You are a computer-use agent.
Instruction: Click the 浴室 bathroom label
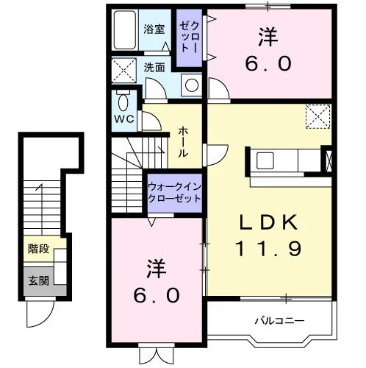click(154, 29)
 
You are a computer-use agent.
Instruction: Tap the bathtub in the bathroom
click(125, 29)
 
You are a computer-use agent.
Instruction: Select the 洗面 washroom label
click(154, 68)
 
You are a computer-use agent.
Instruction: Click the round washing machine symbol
click(192, 85)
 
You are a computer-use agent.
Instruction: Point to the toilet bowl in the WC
click(123, 102)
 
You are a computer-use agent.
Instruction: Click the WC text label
click(124, 119)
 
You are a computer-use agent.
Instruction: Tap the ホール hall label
click(183, 142)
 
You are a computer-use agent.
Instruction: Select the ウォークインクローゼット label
click(174, 193)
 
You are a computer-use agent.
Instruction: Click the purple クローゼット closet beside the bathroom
click(190, 38)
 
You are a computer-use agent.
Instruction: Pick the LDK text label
click(268, 222)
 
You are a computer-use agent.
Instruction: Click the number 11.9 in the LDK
click(268, 249)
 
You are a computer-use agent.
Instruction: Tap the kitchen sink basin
click(265, 160)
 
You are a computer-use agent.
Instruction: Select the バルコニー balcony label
click(279, 321)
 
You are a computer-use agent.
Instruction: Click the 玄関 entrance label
click(39, 280)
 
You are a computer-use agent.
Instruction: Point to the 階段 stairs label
click(39, 249)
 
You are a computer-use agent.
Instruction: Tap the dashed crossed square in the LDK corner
click(318, 116)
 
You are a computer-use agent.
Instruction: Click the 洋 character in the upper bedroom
click(268, 37)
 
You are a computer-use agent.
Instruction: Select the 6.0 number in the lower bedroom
click(157, 296)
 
